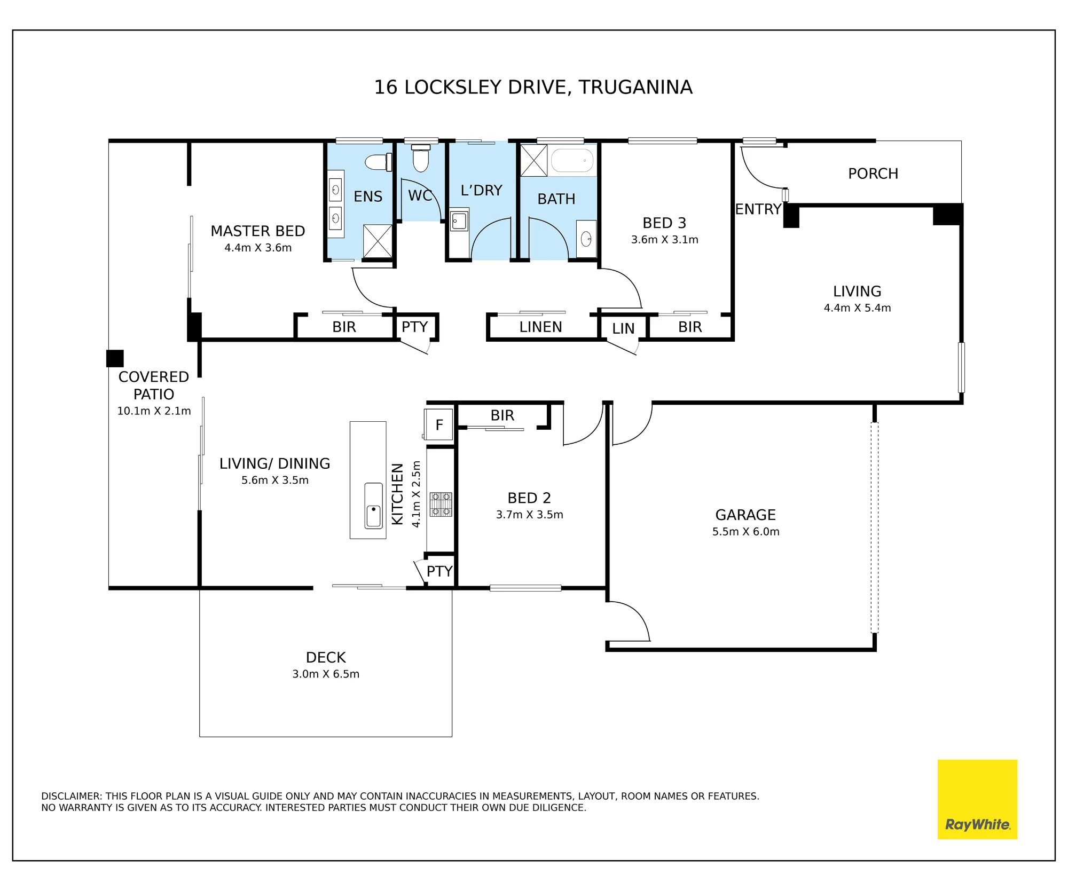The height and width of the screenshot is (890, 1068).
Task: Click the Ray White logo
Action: pos(977,799)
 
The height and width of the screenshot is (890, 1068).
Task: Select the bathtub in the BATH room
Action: pos(572,160)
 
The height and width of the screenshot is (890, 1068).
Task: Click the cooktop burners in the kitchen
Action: pos(441,505)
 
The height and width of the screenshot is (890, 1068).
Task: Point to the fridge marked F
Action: pos(438,424)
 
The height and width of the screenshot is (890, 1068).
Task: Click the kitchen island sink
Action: pos(373,506)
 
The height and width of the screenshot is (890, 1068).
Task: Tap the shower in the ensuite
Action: pos(378,241)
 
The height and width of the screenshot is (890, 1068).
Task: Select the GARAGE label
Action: pos(745,515)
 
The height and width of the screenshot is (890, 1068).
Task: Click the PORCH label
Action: pos(873,174)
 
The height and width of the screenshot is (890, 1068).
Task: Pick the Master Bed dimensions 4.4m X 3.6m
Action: pos(258,248)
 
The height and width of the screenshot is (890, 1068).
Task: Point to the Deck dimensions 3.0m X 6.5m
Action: pos(326,674)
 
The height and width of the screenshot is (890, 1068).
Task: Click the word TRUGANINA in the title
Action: pos(635,87)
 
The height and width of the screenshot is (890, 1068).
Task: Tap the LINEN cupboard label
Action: pos(540,327)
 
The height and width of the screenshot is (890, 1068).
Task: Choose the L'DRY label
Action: pos(481,190)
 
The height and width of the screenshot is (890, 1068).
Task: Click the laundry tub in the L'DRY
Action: pos(459,220)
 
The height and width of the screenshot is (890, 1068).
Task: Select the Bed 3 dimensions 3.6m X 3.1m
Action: pos(664,240)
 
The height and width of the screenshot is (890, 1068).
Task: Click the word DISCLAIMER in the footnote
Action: pos(72,796)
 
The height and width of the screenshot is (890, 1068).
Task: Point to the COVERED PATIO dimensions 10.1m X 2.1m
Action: pos(154,411)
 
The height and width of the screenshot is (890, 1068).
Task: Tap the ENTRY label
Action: pos(758,209)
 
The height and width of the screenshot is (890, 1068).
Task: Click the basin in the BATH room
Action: pos(586,239)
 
